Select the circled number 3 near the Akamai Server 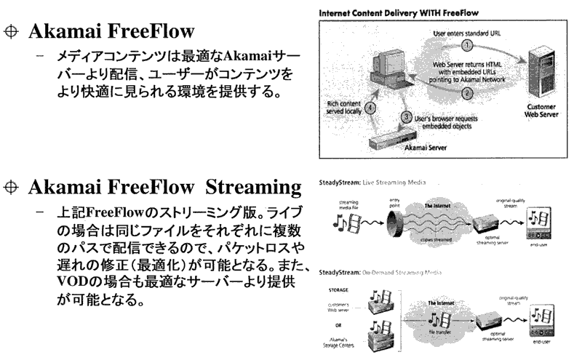(x=407, y=116)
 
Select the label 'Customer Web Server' (x=543, y=108)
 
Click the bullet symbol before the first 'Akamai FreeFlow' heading (x=11, y=33)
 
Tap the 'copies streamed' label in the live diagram (x=435, y=239)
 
